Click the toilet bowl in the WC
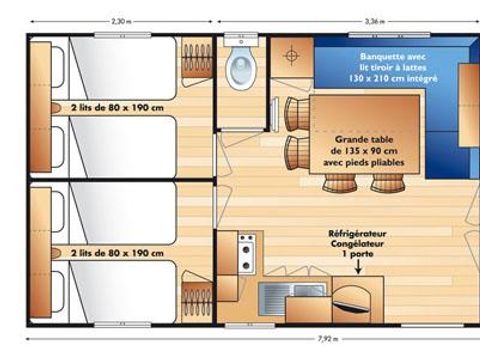tap(240, 70)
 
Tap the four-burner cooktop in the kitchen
tap(245, 253)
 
